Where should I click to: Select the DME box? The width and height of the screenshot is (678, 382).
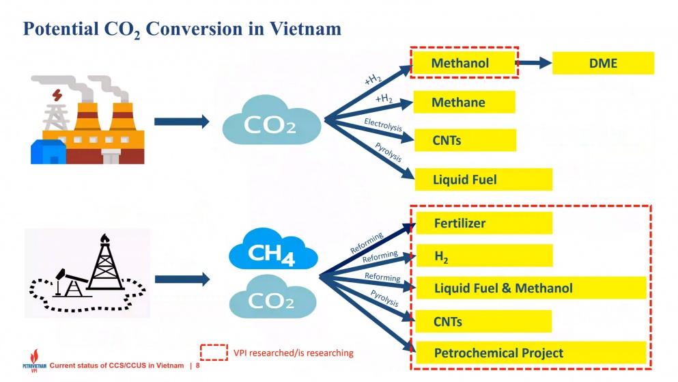tap(602, 63)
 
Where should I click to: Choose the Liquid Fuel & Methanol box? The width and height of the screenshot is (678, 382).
tap(531, 288)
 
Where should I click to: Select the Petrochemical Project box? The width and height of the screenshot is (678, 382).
tap(531, 353)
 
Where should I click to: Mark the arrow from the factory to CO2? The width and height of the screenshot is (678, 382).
tap(181, 122)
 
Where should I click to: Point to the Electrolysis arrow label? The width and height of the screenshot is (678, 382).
tap(383, 125)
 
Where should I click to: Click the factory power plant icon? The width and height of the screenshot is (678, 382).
tap(88, 120)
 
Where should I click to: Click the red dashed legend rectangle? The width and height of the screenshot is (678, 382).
tap(214, 352)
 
